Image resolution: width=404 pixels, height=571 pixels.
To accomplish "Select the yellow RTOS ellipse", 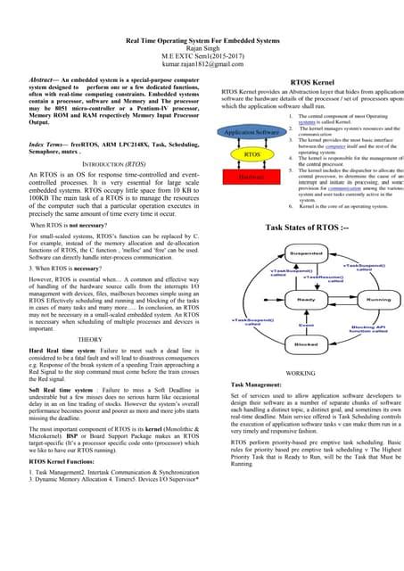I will coord(251,154).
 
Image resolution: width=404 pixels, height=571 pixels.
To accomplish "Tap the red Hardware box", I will coord(251,177).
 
